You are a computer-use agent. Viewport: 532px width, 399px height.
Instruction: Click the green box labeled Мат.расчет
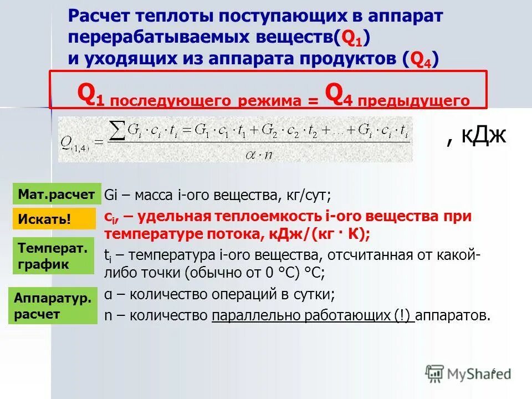point(57,194)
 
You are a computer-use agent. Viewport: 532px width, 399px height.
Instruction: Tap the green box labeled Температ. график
point(53,256)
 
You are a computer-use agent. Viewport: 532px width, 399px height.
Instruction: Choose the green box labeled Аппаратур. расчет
point(53,306)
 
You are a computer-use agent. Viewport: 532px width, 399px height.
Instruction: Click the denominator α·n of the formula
point(259,154)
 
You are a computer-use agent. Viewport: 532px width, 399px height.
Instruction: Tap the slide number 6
point(493,370)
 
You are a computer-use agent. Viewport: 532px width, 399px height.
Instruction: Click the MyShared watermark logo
point(468,373)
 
